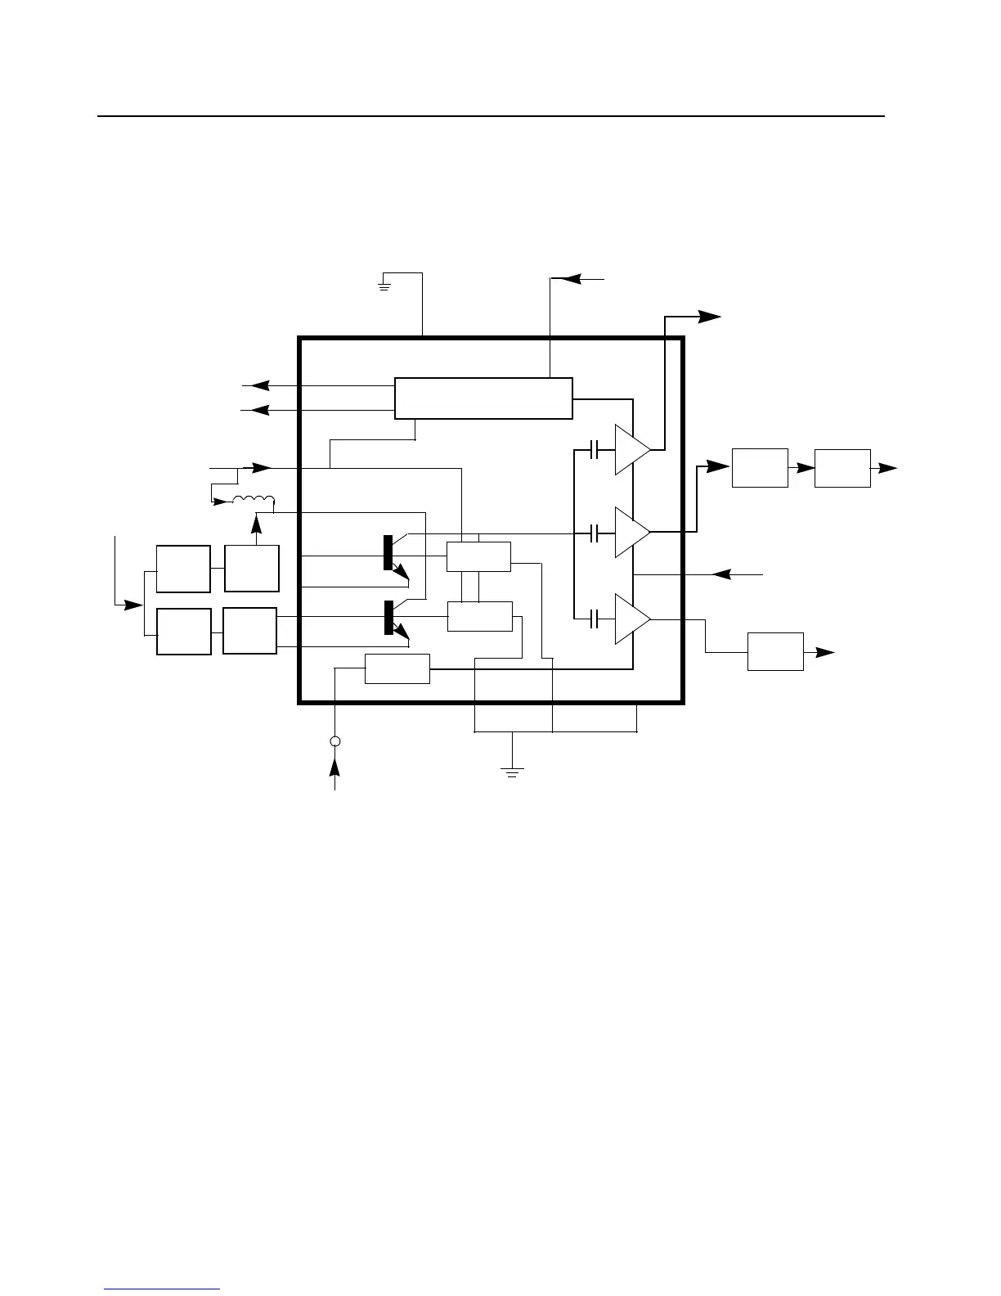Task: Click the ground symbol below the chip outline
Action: click(512, 771)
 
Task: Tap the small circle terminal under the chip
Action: click(334, 741)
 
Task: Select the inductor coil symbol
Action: click(254, 500)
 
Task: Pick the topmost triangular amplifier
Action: click(631, 449)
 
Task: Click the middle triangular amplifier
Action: click(631, 532)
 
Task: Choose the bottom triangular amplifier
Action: click(631, 619)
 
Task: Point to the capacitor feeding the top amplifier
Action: click(596, 449)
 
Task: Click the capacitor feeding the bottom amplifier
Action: click(596, 619)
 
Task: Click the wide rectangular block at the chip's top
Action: click(483, 398)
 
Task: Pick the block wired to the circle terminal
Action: click(397, 668)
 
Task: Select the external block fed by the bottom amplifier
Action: click(775, 651)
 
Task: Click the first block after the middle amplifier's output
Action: click(760, 467)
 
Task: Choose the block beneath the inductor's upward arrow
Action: click(252, 568)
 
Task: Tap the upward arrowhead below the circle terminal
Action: click(334, 767)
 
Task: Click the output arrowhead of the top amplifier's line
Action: click(710, 316)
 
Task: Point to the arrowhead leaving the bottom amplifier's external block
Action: click(825, 652)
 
